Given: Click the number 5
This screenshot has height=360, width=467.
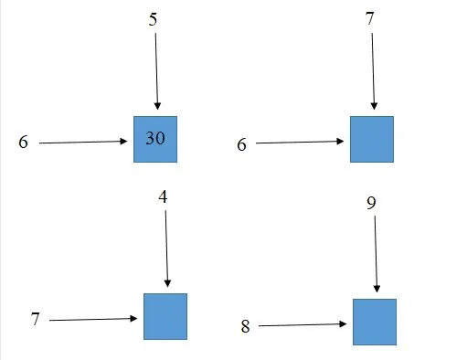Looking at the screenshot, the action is (154, 17).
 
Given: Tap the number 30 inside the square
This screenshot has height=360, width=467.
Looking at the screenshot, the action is (155, 138).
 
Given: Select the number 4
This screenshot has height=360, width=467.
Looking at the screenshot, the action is (163, 196).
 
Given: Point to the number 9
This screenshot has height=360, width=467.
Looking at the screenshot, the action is (371, 201).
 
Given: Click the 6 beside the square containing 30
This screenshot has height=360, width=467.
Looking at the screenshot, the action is (23, 142).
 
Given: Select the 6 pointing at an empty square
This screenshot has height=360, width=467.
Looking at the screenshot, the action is (242, 143).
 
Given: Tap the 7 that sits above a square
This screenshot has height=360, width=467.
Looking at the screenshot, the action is (370, 19).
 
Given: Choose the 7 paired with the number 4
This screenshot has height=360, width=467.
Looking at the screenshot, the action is (35, 319).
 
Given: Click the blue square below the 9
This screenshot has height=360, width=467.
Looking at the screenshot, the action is (375, 322).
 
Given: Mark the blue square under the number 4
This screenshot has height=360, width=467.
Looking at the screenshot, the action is (165, 316).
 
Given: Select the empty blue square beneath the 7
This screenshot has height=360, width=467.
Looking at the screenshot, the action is (372, 139).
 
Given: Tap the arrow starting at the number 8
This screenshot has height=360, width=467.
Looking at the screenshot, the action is (302, 324).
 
